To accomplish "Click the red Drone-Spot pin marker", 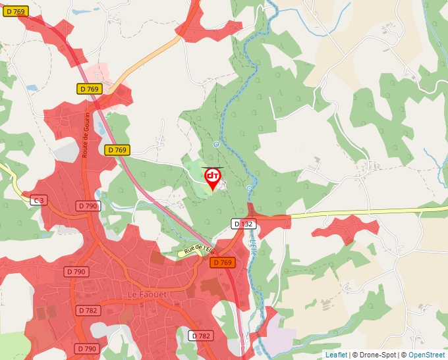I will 213,178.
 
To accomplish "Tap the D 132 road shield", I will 244,224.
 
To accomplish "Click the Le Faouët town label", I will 148,294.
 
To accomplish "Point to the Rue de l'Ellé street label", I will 200,250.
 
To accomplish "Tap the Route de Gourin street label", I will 86,139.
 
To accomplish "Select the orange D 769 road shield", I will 223,263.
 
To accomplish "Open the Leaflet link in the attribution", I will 336,355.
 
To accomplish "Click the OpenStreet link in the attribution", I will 426,355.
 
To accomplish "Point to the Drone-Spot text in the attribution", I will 377,355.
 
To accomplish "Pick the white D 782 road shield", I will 202,336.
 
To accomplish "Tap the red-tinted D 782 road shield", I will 88,310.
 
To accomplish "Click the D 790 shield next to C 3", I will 88,206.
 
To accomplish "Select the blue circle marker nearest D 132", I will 249,189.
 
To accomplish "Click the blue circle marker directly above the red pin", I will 216,144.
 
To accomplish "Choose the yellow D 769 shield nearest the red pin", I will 117,150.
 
